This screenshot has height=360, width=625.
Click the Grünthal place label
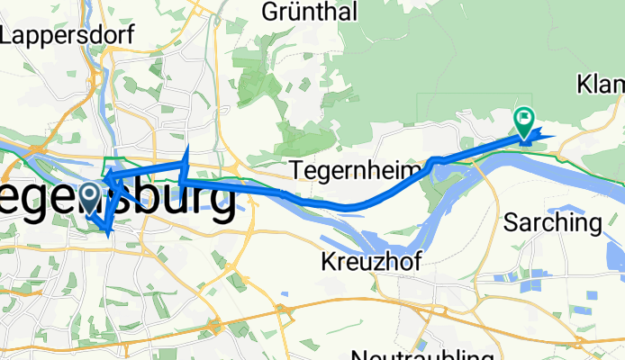pos(310,12)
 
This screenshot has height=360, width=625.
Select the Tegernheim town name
pos(357,170)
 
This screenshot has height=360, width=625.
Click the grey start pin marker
pos(90,193)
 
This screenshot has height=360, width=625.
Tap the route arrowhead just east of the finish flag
pos(546,137)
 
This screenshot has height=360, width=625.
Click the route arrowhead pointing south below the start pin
pos(108,232)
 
